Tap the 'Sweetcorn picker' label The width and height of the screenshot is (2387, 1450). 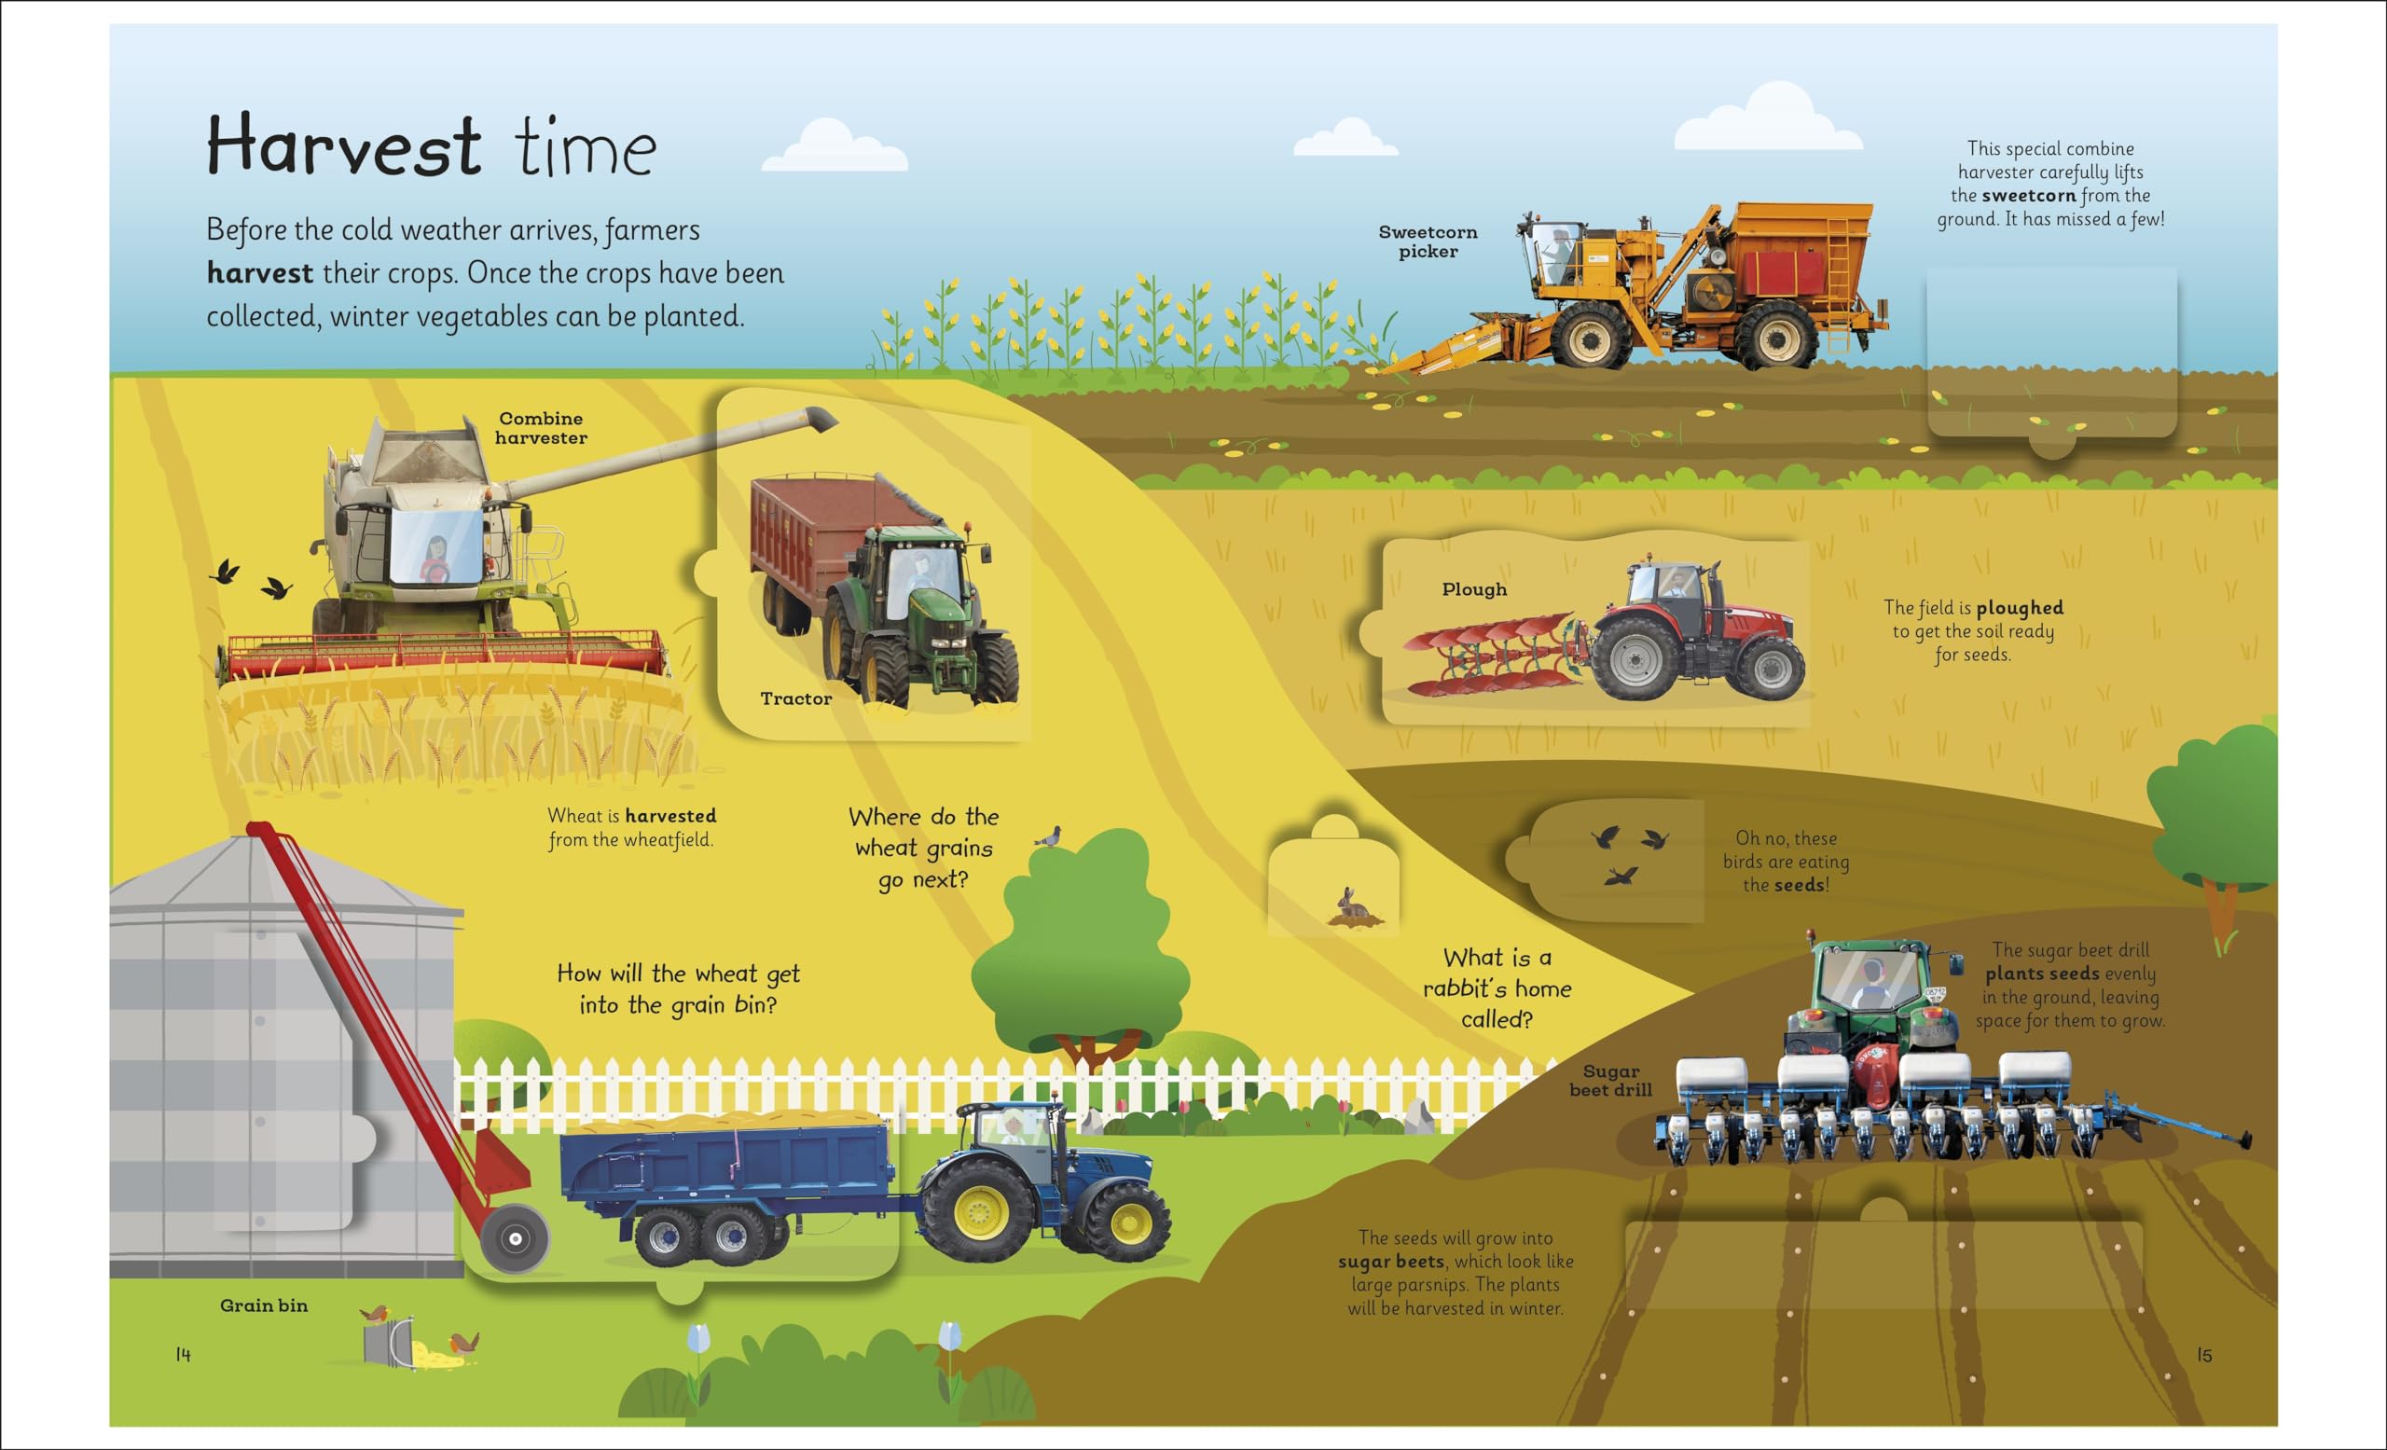pyautogui.click(x=1428, y=242)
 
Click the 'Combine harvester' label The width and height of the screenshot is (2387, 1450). pyautogui.click(x=541, y=428)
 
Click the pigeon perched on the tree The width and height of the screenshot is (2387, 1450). pyautogui.click(x=1050, y=836)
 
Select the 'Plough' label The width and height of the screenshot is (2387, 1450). pyautogui.click(x=1473, y=589)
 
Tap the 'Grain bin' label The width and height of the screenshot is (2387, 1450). pyautogui.click(x=264, y=1305)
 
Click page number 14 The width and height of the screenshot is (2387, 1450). pyautogui.click(x=183, y=1354)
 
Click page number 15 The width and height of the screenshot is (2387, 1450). pyautogui.click(x=2204, y=1355)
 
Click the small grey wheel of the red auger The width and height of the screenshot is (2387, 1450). pyautogui.click(x=515, y=1238)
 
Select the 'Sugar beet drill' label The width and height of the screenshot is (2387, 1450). pyautogui.click(x=1611, y=1080)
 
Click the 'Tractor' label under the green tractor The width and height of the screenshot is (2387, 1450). pyautogui.click(x=795, y=698)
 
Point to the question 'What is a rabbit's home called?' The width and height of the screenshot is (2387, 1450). pyautogui.click(x=1497, y=988)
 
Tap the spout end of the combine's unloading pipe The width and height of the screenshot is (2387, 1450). pyautogui.click(x=821, y=419)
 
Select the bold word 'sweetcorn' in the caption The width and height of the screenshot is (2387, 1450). pyautogui.click(x=2029, y=196)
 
